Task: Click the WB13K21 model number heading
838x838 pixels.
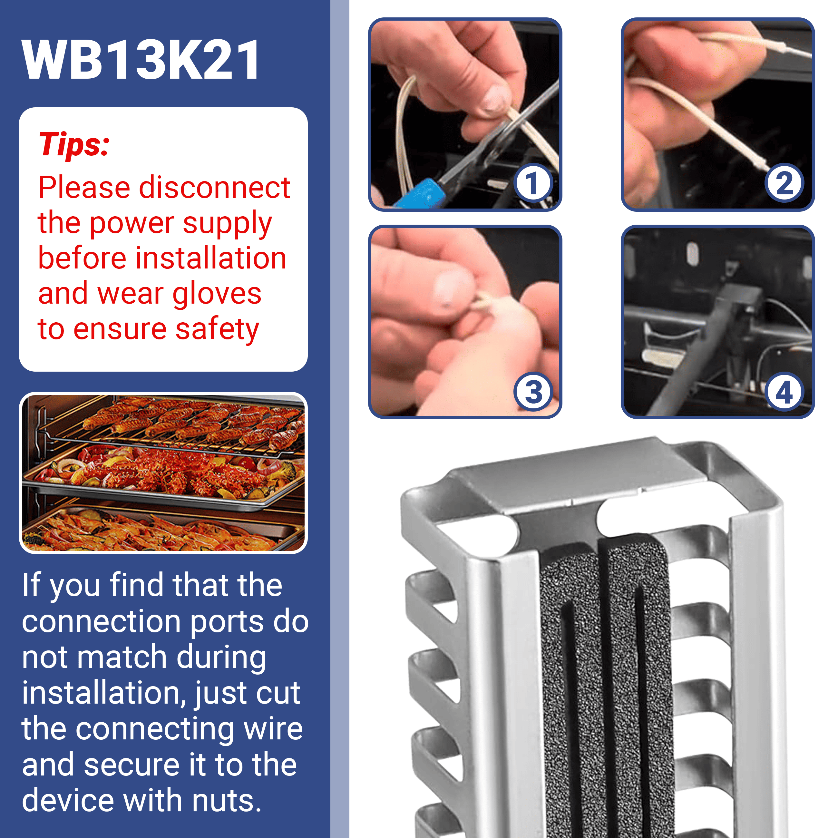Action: coord(141,59)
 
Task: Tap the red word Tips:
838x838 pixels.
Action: coord(74,144)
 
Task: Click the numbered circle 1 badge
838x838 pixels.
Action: coord(533,183)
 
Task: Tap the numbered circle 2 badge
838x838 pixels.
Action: coord(784,183)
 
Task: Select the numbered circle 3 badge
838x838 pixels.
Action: coord(533,392)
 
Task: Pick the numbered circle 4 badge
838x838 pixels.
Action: coord(784,392)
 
